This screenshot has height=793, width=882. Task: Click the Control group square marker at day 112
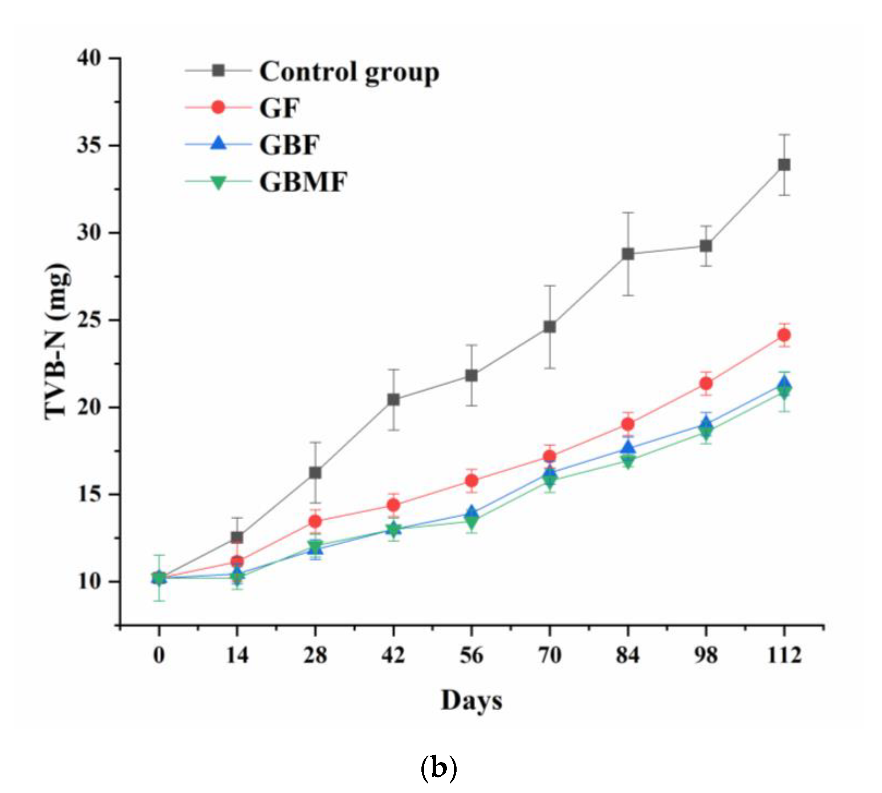(x=784, y=165)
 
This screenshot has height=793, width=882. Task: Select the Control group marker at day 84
(x=628, y=254)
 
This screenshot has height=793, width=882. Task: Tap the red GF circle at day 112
(x=784, y=335)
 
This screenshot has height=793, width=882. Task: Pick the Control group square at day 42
(x=393, y=399)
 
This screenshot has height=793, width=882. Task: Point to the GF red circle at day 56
(x=471, y=481)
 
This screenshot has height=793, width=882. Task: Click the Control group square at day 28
(x=315, y=472)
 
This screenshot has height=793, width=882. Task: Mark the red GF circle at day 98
(x=706, y=383)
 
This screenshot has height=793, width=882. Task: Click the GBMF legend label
(x=303, y=182)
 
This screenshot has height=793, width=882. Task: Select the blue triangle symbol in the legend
(x=218, y=143)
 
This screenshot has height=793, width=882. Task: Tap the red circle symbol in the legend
(x=218, y=107)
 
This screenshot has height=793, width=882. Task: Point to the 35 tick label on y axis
(x=89, y=145)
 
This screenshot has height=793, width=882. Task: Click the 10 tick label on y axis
(x=89, y=582)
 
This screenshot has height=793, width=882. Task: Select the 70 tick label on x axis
(x=550, y=655)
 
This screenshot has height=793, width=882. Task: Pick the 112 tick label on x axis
(x=784, y=655)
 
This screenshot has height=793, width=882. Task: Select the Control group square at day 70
(x=550, y=326)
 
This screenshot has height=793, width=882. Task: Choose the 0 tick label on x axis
(x=159, y=655)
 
